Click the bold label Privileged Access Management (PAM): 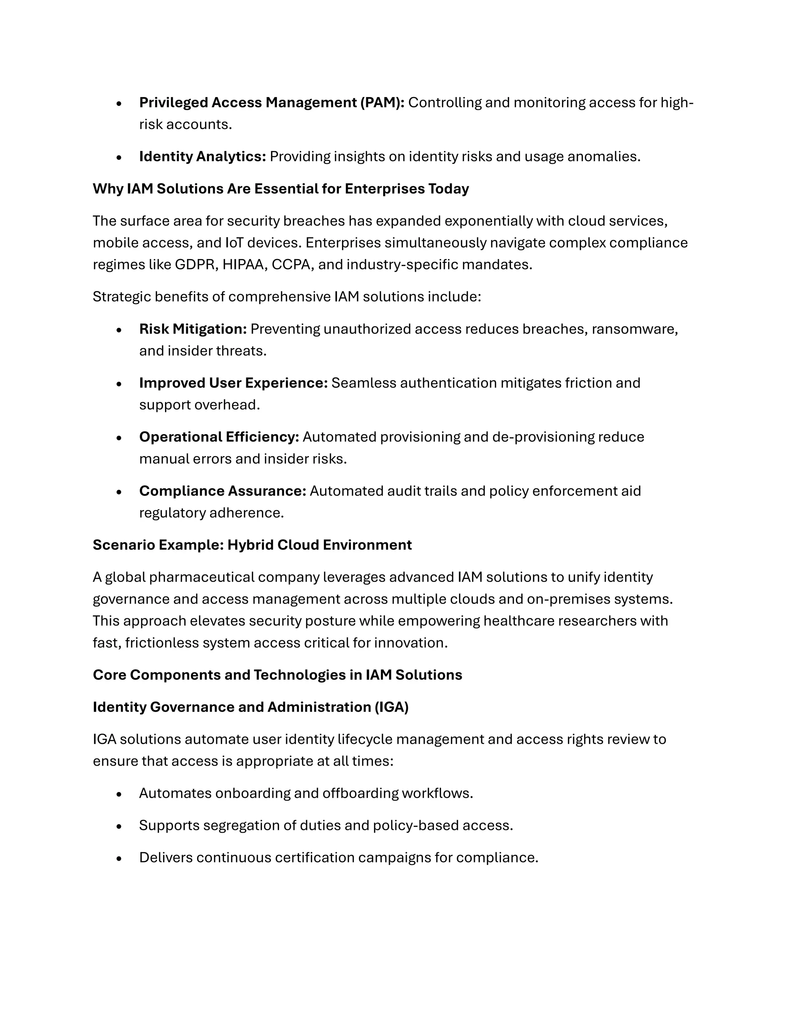pyautogui.click(x=272, y=102)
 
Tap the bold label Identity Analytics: pyautogui.click(x=202, y=156)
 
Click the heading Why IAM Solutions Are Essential pyautogui.click(x=280, y=189)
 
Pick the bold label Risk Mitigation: pyautogui.click(x=193, y=329)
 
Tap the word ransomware pyautogui.click(x=634, y=329)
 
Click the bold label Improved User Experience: pyautogui.click(x=234, y=383)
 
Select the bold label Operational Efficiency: pyautogui.click(x=219, y=437)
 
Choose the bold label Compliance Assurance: pyautogui.click(x=222, y=491)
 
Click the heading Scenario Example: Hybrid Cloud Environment pyautogui.click(x=252, y=545)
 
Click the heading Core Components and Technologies pyautogui.click(x=277, y=675)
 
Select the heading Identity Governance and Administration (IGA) pyautogui.click(x=251, y=707)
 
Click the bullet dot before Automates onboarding pyautogui.click(x=119, y=794)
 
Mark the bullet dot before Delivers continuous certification pyautogui.click(x=119, y=858)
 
